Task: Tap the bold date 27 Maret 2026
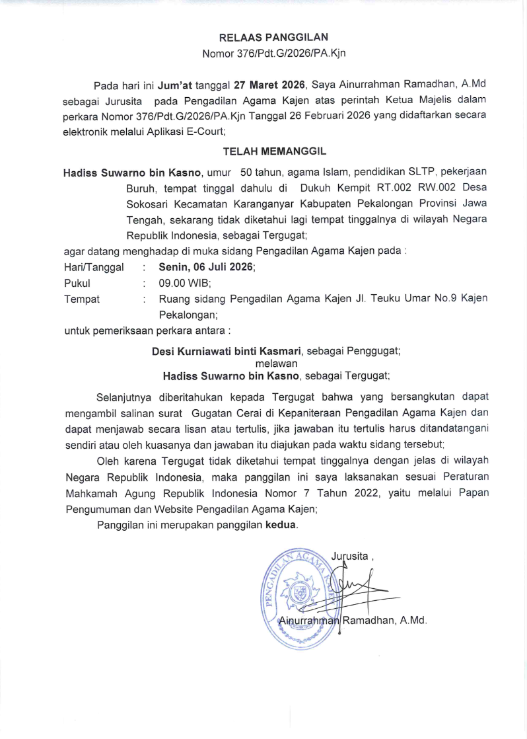pyautogui.click(x=262, y=85)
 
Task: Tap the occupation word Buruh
pyautogui.click(x=141, y=188)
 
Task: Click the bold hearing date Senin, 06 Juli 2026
pyautogui.click(x=207, y=267)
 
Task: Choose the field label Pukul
pyautogui.click(x=77, y=283)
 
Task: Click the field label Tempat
pyautogui.click(x=81, y=299)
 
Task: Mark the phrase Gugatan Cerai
pyautogui.click(x=219, y=412)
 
